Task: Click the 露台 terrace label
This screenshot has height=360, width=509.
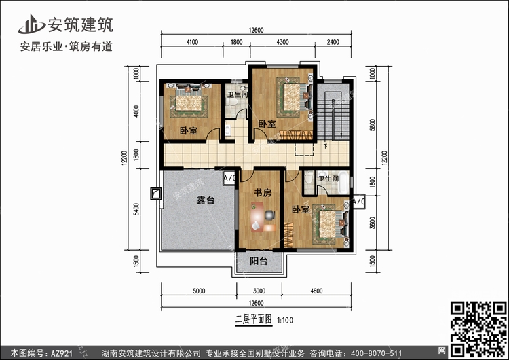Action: (206, 200)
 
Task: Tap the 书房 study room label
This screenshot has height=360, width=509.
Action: (263, 193)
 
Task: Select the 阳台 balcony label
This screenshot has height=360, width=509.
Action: (259, 261)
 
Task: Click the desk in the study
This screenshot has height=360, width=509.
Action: (257, 217)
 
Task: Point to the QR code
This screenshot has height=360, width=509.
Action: (478, 329)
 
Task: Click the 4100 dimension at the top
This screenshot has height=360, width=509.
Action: (192, 42)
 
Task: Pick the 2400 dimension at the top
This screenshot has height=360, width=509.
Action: (333, 42)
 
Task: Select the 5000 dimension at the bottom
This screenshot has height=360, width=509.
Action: (199, 291)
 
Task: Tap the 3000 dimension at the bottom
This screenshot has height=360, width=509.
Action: (259, 291)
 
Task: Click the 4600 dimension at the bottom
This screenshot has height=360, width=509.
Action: (316, 291)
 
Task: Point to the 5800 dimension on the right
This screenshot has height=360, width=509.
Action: (373, 125)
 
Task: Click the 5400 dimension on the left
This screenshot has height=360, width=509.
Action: (136, 209)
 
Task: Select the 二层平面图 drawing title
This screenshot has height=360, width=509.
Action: (254, 319)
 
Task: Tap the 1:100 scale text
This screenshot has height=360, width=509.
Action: (285, 321)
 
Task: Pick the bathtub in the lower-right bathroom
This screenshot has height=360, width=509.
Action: (343, 182)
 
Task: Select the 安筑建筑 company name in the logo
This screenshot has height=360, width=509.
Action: (81, 24)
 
